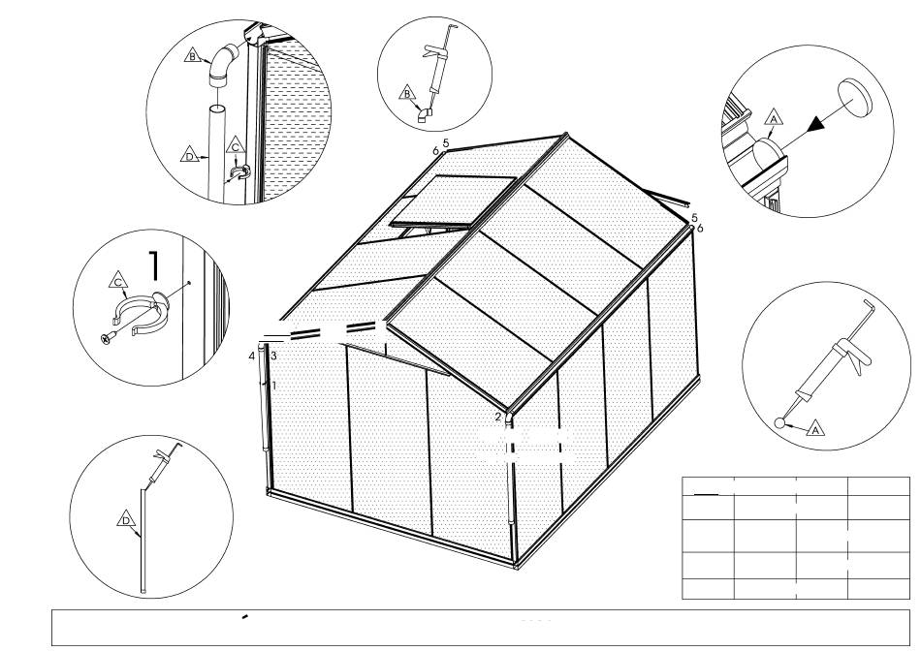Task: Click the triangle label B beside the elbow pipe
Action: pos(192,55)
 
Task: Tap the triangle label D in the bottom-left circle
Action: pos(126,519)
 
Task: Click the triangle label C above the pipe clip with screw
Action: pos(118,281)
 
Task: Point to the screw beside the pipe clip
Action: pos(109,337)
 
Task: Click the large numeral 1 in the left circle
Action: pos(154,265)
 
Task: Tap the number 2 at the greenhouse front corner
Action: pos(498,418)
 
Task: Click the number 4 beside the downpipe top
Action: pos(251,356)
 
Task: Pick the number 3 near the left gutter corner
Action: pos(273,356)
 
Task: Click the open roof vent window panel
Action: pos(453,200)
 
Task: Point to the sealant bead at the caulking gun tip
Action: pos(780,422)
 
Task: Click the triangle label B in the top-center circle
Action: pos(406,93)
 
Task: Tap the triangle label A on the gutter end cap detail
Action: pos(775,119)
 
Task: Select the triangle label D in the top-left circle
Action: pos(189,156)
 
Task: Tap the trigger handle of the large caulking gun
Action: pos(859,362)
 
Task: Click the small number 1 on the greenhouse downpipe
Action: pos(273,386)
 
